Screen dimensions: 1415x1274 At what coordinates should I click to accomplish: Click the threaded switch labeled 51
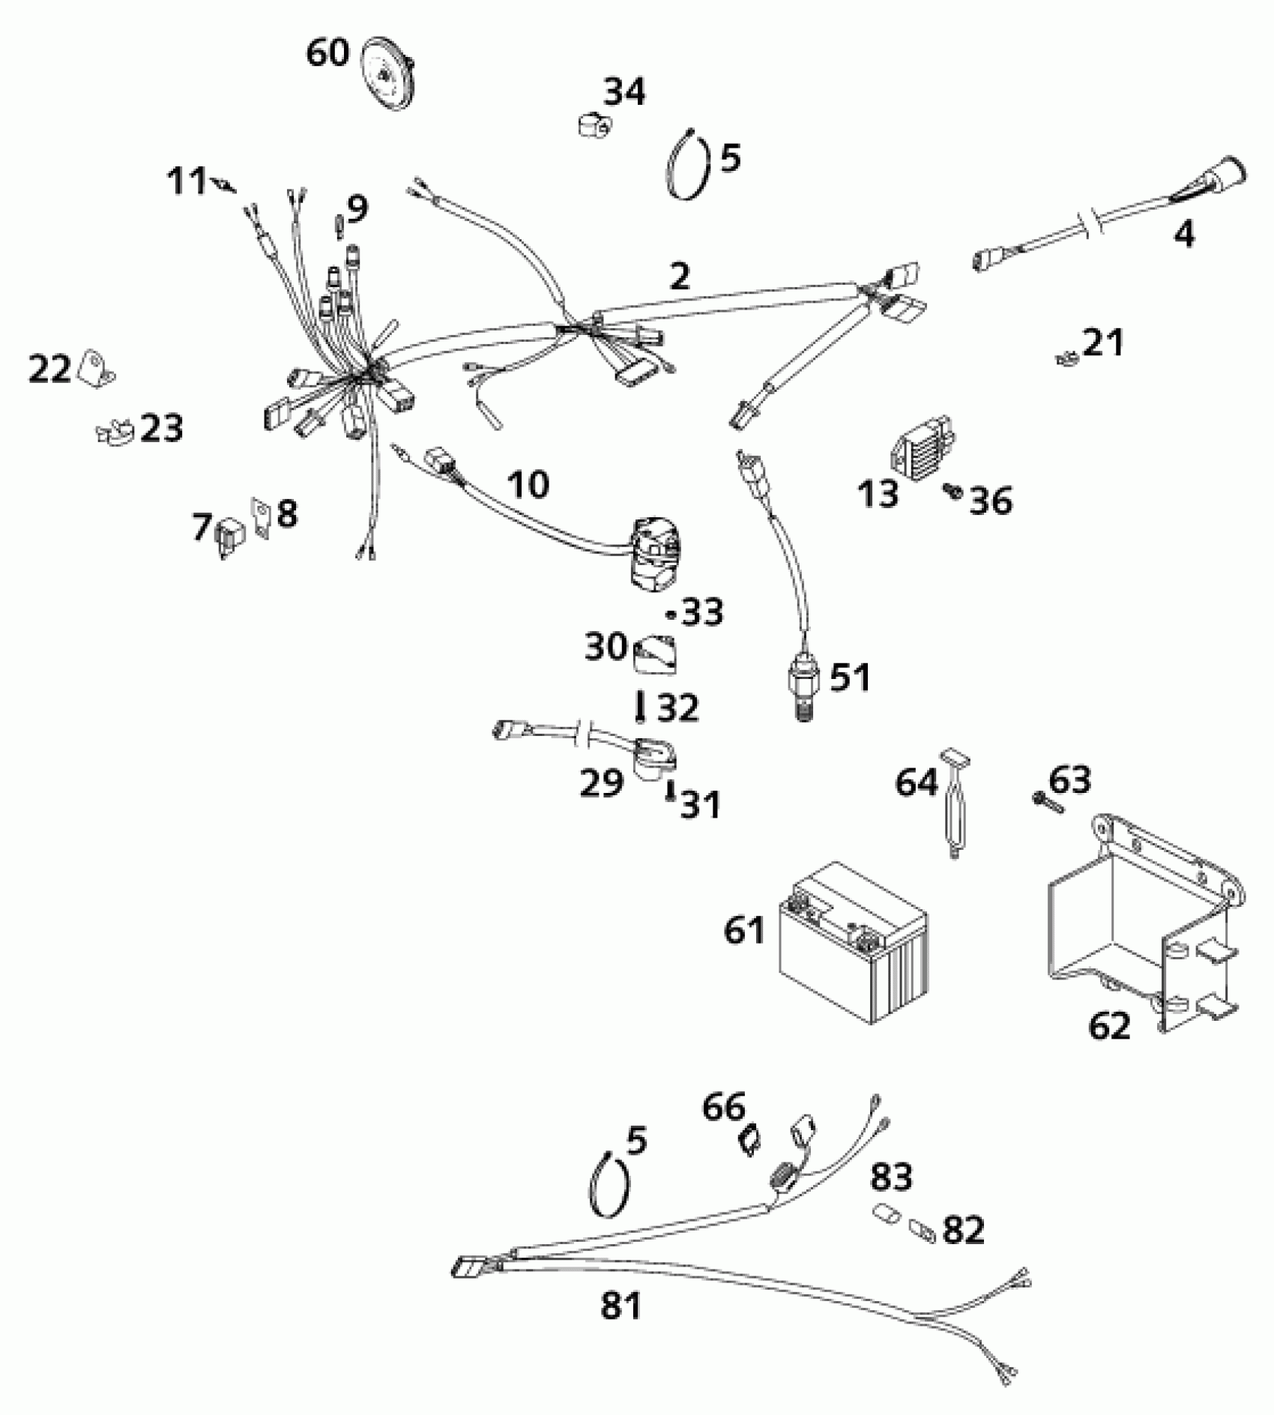[802, 684]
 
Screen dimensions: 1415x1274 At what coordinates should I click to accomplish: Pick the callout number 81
[621, 1305]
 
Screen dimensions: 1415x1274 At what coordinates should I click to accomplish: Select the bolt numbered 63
[1048, 803]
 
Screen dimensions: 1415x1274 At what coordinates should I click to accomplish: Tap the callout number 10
[528, 484]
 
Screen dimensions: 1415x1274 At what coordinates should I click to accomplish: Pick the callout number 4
[1183, 235]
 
